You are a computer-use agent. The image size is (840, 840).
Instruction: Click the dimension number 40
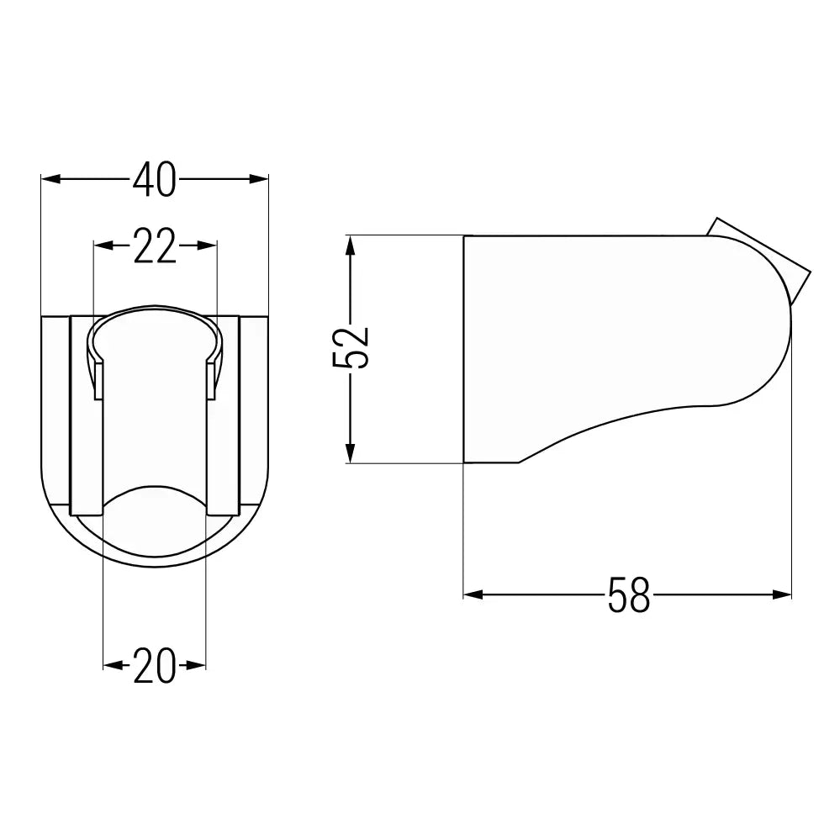[x=154, y=179]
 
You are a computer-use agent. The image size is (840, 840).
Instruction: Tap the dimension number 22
[x=155, y=246]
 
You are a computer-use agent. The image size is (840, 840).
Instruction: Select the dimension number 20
[x=154, y=665]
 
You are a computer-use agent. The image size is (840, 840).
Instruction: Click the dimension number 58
[x=629, y=594]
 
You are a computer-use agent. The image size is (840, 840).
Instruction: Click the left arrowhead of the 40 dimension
[x=50, y=179]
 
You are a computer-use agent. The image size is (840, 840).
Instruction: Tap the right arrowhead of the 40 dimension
[x=259, y=179]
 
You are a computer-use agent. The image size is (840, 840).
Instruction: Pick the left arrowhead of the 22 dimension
[x=103, y=246]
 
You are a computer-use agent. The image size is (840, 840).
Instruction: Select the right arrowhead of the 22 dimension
[x=208, y=246]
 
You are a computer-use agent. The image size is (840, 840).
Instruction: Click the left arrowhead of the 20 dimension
[x=112, y=665]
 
